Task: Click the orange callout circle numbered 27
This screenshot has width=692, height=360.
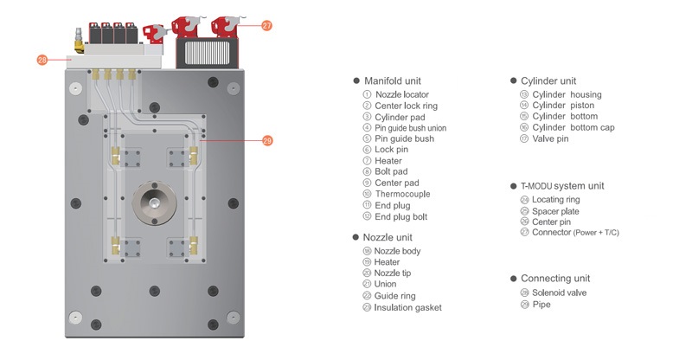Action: coord(266,26)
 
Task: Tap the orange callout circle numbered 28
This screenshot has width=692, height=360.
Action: coord(42,61)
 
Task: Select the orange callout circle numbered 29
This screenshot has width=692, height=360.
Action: coord(267,141)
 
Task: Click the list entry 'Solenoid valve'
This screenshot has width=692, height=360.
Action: coord(561,292)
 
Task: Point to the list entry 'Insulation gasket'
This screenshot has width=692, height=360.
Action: coord(407,307)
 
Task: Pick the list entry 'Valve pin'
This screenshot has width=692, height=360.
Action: coord(550,138)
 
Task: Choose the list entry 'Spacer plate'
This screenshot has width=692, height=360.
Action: coord(555,211)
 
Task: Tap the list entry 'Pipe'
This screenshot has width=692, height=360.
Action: coord(541,305)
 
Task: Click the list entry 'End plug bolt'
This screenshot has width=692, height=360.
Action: coord(400,216)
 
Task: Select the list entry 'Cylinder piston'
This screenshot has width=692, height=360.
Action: coord(566,106)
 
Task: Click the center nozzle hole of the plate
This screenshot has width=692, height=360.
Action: coord(153,202)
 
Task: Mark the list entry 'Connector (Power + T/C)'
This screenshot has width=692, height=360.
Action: coord(575,232)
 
